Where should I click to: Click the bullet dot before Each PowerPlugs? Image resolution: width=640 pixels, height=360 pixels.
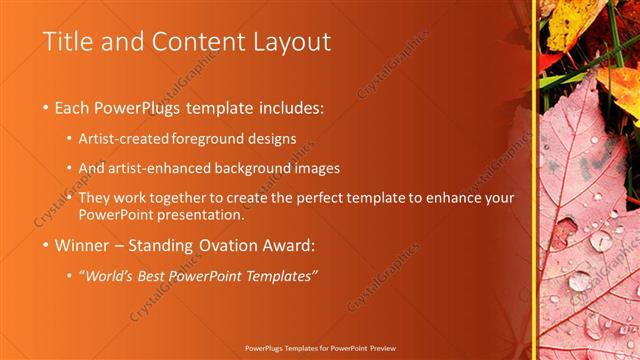[47, 107]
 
